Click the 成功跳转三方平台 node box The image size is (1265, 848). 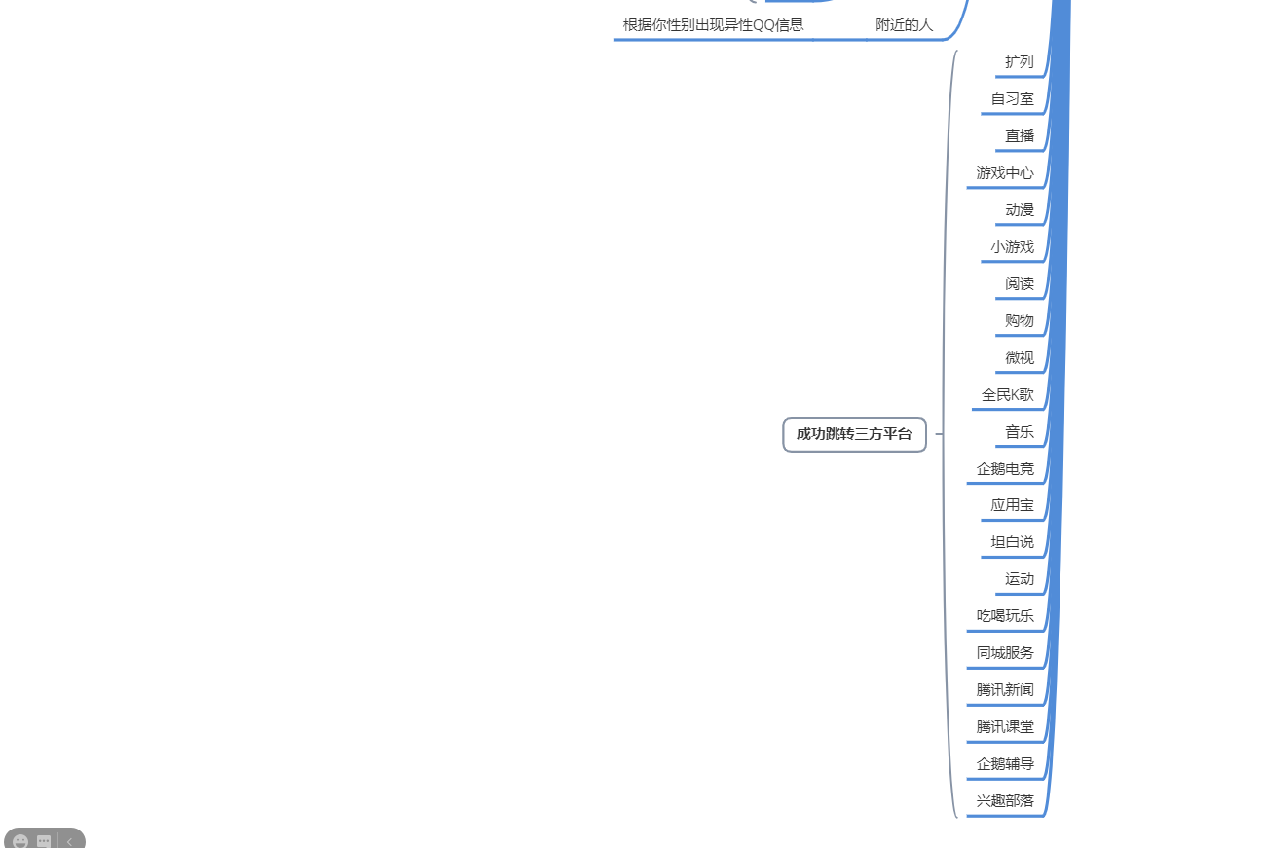coord(854,434)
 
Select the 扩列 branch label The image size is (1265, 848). coord(1020,62)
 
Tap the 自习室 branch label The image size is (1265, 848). coord(1013,99)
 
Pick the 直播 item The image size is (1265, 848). coord(1020,136)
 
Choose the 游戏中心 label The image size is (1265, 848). coord(1005,173)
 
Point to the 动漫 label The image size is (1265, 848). coord(1020,210)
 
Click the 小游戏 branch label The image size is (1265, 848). coord(1013,247)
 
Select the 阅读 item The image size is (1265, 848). coord(1020,284)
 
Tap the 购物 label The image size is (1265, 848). coord(1020,321)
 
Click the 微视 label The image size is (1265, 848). coord(1020,358)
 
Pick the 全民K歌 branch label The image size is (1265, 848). coord(1008,395)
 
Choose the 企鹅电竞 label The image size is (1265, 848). coord(1005,469)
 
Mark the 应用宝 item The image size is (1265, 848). coord(1013,505)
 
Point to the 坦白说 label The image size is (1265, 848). coord(1013,542)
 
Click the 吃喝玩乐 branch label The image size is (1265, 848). coord(1005,616)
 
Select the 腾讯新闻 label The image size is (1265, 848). coord(1005,690)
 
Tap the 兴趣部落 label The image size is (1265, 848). coord(1005,801)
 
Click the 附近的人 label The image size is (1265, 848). coord(904,25)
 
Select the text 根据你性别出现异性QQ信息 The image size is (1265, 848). coord(713,25)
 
